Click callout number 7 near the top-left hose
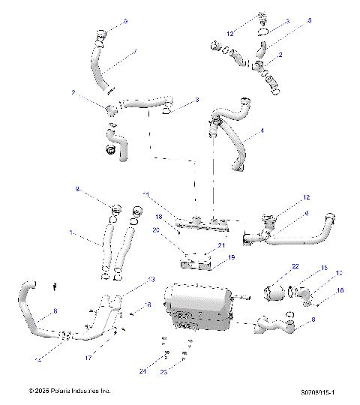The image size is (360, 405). pos(135,51)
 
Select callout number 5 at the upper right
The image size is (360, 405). pos(309,21)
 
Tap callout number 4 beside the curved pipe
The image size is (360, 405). pos(262,130)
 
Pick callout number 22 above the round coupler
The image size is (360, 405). pos(295,266)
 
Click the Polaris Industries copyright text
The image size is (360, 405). pos(70,391)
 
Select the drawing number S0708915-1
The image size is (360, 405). pos(317,391)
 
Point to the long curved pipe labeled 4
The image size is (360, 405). pos(229,142)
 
